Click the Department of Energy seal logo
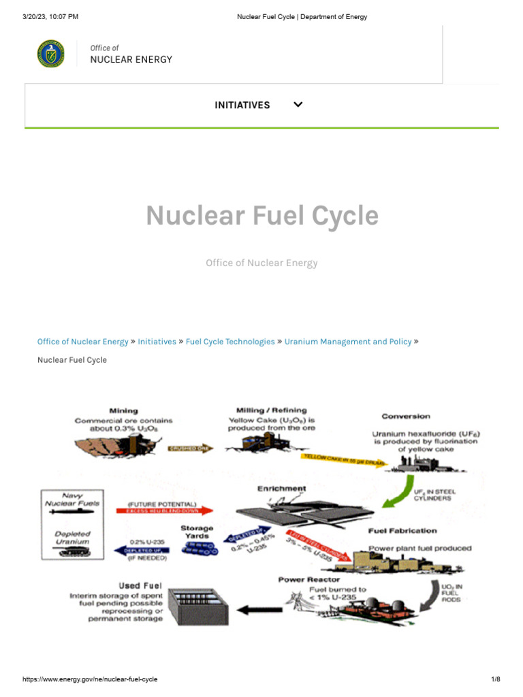click(x=51, y=54)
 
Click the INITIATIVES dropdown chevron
click(x=298, y=105)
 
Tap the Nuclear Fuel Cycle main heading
click(x=261, y=216)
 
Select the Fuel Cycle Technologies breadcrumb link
click(x=230, y=342)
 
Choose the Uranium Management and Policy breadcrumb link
click(x=347, y=342)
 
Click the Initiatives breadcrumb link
click(x=157, y=342)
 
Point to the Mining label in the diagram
click(x=123, y=410)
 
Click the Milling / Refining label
click(x=271, y=410)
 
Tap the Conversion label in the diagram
click(x=406, y=416)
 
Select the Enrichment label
click(x=281, y=488)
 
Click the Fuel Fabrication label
click(x=402, y=530)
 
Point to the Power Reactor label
click(x=308, y=580)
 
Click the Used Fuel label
click(x=121, y=585)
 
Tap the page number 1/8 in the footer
click(x=495, y=680)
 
